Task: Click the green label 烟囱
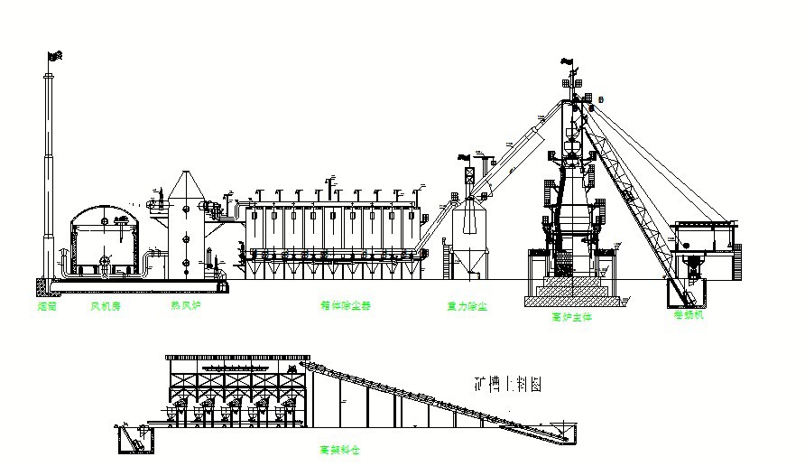pos(48,306)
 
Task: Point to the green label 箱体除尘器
pos(347,306)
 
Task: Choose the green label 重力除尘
pos(467,307)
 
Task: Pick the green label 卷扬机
pos(688,315)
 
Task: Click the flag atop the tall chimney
pos(53,56)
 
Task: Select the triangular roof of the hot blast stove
pos(185,184)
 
